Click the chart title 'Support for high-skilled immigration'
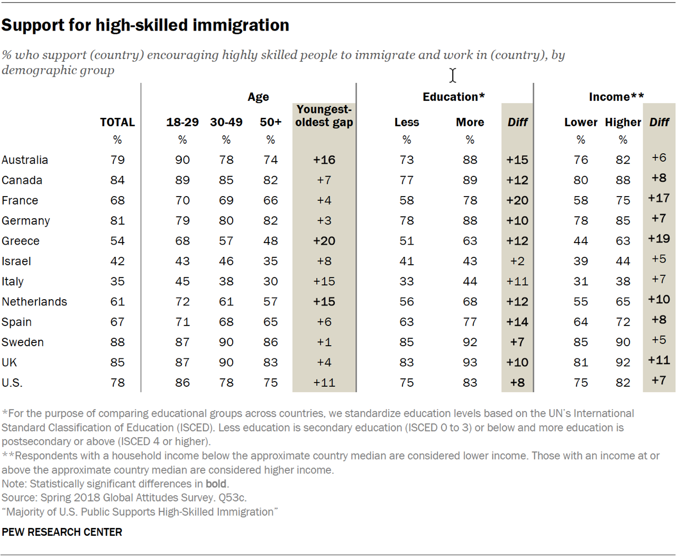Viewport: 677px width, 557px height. [145, 25]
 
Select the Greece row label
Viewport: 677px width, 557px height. [21, 241]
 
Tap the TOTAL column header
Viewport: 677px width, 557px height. [117, 122]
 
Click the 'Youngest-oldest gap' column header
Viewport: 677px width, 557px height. [324, 116]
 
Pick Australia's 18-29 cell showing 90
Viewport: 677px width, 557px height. [182, 160]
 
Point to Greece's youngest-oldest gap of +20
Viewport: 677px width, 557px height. [324, 241]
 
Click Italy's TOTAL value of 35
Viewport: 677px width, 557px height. [117, 281]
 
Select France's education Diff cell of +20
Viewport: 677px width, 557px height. [517, 200]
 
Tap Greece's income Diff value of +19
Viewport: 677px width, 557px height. [659, 239]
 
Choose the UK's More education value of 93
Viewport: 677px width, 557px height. [470, 363]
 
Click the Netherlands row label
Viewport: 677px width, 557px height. [34, 302]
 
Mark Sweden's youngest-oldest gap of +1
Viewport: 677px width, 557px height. [324, 342]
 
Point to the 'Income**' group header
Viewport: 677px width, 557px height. [616, 97]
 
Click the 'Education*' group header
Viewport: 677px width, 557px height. [453, 97]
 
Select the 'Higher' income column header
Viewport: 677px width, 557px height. [623, 122]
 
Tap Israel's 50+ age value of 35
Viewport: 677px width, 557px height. [270, 261]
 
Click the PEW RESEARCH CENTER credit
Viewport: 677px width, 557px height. [62, 532]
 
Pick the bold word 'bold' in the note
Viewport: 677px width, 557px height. [216, 484]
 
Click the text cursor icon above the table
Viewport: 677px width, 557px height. [453, 76]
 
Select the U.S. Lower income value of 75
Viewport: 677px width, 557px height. [581, 383]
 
